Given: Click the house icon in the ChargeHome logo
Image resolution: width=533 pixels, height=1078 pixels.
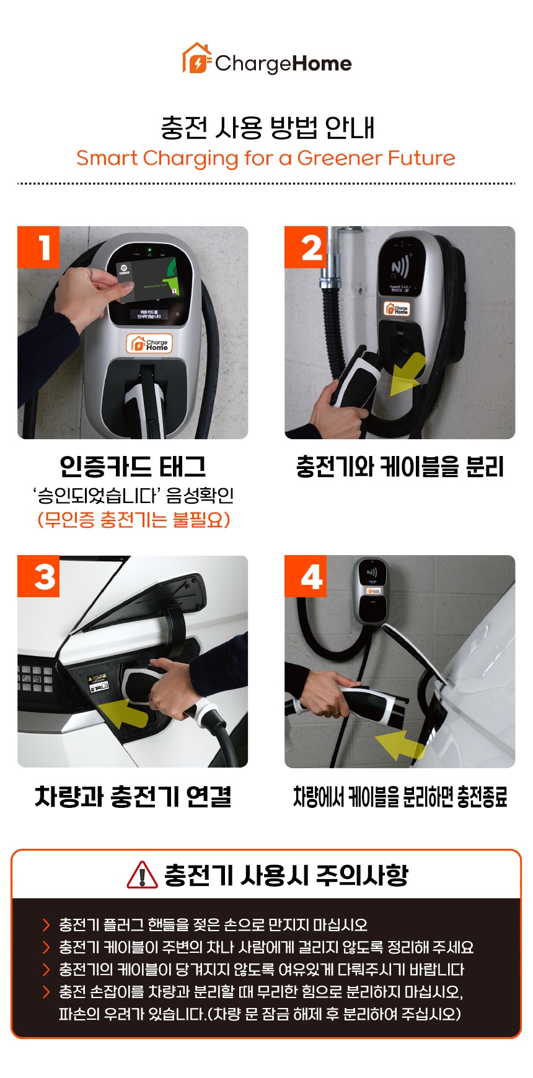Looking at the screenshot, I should coord(196,59).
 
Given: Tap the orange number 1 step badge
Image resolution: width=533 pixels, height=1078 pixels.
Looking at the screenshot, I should coord(38,247).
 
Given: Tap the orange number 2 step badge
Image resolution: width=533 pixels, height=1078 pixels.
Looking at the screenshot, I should coord(306,247).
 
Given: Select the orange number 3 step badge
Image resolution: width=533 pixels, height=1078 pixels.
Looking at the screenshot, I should coord(38,576).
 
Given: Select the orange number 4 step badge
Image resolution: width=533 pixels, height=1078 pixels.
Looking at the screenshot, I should coord(306,576).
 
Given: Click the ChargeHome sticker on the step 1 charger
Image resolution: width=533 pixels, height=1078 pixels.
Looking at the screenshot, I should coord(149,344).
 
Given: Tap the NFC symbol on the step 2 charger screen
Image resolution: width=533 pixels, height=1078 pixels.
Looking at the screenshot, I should coord(400,268).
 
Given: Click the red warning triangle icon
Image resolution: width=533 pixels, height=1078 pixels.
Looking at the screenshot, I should coord(142,875).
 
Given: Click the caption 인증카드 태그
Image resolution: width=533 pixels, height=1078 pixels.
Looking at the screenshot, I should coord(133,467).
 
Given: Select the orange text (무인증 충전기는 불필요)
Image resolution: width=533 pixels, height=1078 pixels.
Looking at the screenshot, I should coord(134,519).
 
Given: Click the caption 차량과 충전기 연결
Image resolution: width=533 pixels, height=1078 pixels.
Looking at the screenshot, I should coord(133,796).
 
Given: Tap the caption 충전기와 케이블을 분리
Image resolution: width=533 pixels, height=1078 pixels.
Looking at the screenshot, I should coord(400,467).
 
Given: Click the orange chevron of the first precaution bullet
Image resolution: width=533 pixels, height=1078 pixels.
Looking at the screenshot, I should coord(46,925).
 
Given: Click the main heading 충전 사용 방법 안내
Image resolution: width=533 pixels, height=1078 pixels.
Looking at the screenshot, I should coord(267,127).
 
